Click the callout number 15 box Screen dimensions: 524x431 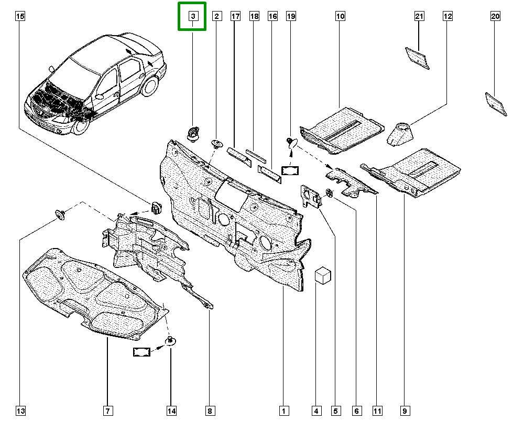(x=20, y=16)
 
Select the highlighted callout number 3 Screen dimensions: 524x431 (x=193, y=16)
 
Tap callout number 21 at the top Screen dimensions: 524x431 (x=419, y=16)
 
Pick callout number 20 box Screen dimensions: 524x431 (x=495, y=16)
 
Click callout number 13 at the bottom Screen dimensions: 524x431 (x=21, y=411)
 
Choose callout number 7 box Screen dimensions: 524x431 (x=108, y=411)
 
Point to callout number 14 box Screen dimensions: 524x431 (x=171, y=411)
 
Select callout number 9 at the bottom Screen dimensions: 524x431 (x=405, y=411)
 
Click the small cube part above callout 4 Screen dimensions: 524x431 (x=323, y=275)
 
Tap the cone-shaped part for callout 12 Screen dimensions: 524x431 (x=400, y=134)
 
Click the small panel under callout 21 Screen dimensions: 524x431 (x=418, y=58)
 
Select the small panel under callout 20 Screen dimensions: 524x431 (x=496, y=104)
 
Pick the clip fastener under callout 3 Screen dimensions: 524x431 (x=192, y=134)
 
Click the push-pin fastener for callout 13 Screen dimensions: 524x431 (x=60, y=214)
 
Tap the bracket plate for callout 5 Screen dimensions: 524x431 (x=310, y=196)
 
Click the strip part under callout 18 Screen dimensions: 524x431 (x=256, y=156)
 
